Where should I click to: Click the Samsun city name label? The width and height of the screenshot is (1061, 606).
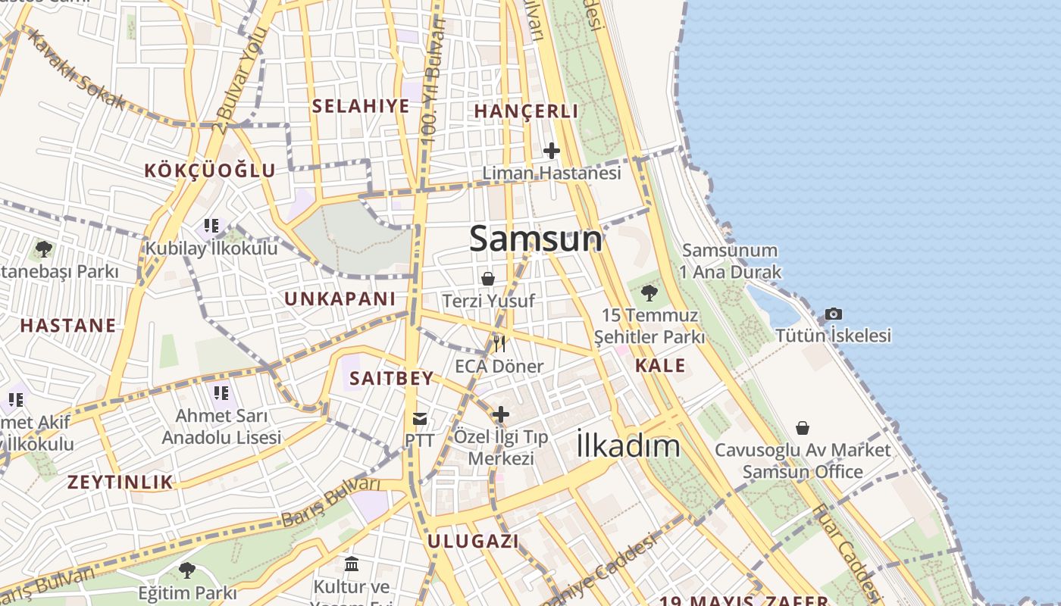point(536,239)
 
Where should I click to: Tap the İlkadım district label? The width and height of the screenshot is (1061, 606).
point(628,445)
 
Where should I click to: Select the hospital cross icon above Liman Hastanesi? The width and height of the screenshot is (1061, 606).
point(552,151)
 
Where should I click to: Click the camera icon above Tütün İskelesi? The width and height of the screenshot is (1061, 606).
point(833,314)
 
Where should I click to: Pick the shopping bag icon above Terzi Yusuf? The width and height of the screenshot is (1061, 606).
point(488,279)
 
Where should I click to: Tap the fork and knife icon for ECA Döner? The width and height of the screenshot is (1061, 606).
point(499,345)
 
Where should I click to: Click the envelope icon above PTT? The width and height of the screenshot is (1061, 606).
point(419,419)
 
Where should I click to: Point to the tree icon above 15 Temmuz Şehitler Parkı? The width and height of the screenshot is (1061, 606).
point(649,292)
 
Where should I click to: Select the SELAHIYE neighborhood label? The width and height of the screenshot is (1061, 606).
point(361,106)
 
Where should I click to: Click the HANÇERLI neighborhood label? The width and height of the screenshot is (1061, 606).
point(526,111)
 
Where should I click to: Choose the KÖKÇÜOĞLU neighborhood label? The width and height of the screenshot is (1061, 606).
point(210,170)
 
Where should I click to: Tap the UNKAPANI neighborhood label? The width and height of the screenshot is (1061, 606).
point(340,299)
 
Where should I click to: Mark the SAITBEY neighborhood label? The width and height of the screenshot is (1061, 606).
point(392,378)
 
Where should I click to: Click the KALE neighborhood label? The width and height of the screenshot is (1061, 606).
point(660,366)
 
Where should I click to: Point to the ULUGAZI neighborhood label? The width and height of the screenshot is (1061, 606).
point(473,542)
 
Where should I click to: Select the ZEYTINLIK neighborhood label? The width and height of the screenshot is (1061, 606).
point(120,483)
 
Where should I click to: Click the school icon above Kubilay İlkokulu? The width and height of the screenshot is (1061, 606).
point(211,226)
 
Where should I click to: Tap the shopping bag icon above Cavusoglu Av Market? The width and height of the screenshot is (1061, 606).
point(803,428)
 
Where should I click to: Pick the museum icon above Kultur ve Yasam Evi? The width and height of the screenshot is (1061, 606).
point(352,564)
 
